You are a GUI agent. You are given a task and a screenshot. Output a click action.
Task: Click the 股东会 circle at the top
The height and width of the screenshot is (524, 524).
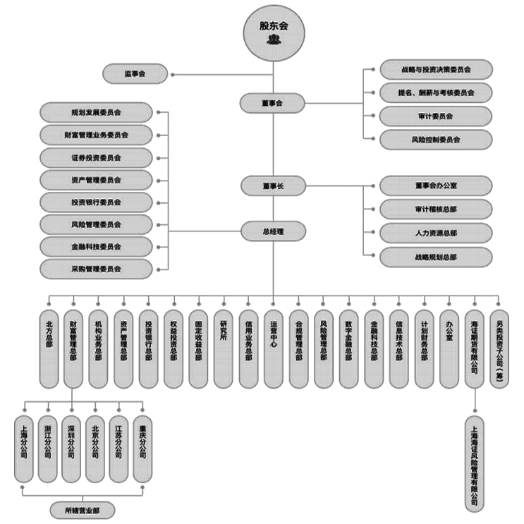(x=274, y=28)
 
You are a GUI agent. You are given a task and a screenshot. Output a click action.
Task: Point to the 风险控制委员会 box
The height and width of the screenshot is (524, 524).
(x=435, y=140)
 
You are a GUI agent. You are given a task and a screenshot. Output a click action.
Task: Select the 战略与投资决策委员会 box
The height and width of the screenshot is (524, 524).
(x=435, y=70)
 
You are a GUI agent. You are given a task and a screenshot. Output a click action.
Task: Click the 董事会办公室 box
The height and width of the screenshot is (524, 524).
(x=435, y=185)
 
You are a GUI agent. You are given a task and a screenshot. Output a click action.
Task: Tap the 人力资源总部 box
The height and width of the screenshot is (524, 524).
(x=435, y=233)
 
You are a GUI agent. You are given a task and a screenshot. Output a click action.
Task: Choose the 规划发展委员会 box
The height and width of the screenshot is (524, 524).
(x=96, y=111)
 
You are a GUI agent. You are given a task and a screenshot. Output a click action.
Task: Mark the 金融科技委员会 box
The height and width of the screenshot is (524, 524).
(x=96, y=247)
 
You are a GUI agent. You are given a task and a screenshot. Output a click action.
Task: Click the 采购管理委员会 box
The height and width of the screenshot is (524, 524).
(x=96, y=269)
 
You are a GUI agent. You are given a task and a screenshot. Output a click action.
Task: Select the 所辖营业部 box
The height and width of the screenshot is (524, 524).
(x=81, y=509)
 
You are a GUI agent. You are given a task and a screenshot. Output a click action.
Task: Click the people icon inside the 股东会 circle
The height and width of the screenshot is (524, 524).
(x=274, y=40)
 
